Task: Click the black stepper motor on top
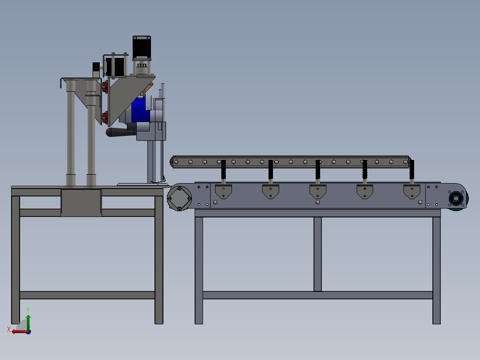point(142,47)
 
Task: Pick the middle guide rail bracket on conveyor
point(317,192)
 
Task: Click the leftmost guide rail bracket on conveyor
point(223,192)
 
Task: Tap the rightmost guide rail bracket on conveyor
point(412,192)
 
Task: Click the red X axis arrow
point(18,331)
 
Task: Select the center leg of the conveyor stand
point(317,254)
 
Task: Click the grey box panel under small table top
point(81,203)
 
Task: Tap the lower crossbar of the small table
point(87,295)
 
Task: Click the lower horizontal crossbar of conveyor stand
point(317,295)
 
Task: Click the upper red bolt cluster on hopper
point(105,86)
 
